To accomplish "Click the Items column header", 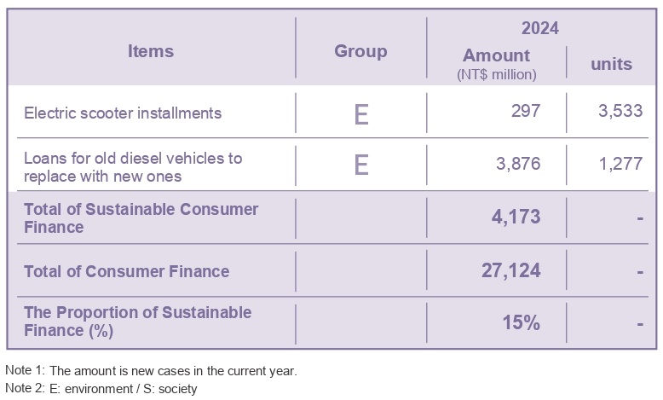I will point(150,51).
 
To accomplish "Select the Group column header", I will point(360,51).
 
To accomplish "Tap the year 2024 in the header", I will point(539,28).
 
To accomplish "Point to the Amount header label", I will point(496,56).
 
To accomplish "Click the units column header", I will point(611,64).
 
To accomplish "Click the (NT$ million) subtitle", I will point(497,74).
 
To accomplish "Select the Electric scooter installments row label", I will point(123,113).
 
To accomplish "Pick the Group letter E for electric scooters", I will point(360,113).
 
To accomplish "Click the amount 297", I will point(525,113).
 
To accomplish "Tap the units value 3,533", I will point(620,113).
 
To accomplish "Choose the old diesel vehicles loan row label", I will point(133,166).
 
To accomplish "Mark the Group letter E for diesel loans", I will point(360,165).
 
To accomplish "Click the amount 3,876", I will point(518,164).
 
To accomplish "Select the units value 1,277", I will point(620,164).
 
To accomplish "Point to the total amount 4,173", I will point(516,217).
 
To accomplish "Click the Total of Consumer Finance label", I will point(127,271).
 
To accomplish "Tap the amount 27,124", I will point(511,271).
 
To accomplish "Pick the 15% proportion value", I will point(521,322).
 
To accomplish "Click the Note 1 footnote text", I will point(151,371).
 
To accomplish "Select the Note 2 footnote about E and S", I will point(101,389).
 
